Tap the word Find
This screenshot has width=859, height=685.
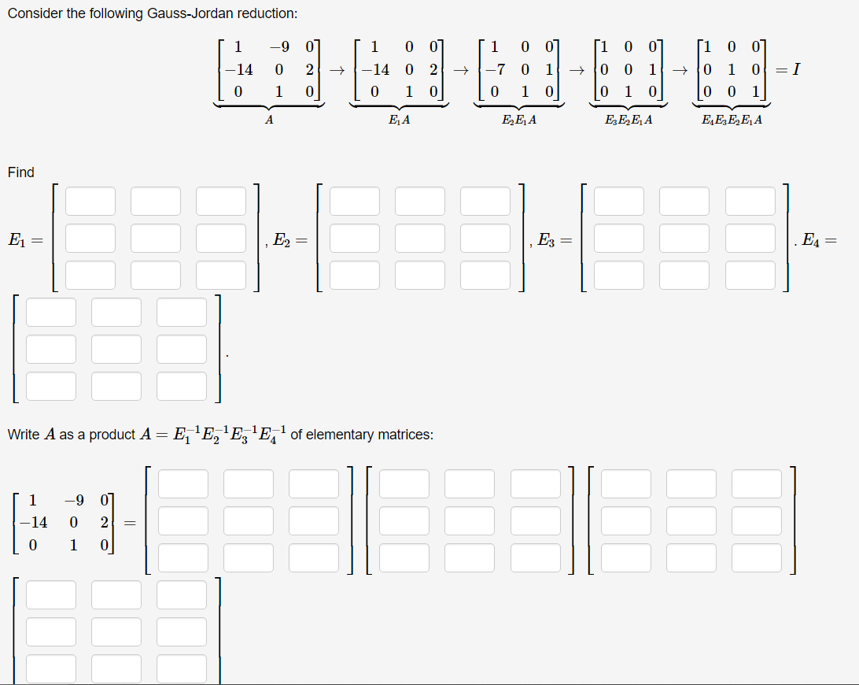21,172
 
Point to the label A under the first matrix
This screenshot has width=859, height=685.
269,120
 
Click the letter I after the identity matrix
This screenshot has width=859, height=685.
797,70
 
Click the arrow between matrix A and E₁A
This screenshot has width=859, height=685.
337,71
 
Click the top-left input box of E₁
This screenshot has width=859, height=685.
90,201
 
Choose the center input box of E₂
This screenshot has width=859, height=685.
420,238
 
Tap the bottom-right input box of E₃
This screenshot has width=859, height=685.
750,275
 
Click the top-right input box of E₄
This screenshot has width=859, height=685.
182,312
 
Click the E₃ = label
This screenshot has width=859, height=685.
554,239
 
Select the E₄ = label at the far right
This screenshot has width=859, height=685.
818,239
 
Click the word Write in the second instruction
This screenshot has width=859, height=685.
23,434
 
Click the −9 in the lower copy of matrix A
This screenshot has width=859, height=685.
73,499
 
